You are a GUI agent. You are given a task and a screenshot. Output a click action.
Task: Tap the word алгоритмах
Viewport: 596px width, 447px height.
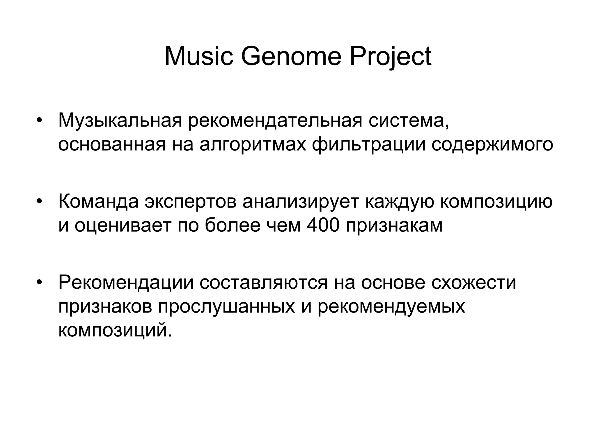coord(253,145)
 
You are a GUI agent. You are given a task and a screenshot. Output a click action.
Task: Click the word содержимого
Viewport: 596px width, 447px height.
coord(492,145)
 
